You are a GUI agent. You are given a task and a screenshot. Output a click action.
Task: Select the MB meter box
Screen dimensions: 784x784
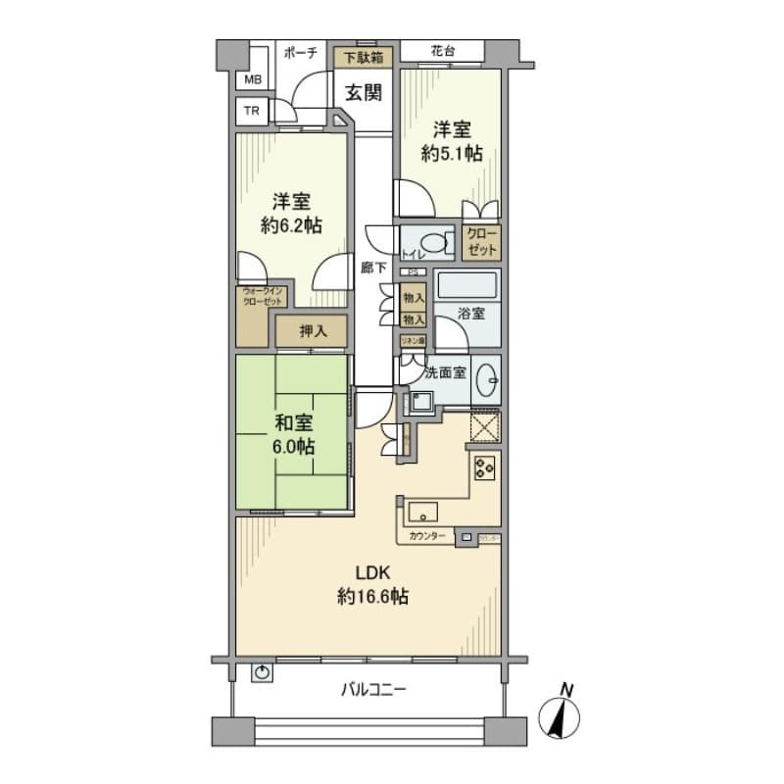(x=253, y=79)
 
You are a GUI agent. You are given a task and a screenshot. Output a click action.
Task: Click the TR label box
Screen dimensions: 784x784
(x=253, y=111)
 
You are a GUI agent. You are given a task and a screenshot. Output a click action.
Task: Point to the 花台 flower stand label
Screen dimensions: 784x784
(x=445, y=51)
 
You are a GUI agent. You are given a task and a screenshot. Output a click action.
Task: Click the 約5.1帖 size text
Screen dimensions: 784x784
(x=452, y=153)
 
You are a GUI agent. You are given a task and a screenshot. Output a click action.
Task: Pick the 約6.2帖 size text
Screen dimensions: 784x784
(x=290, y=224)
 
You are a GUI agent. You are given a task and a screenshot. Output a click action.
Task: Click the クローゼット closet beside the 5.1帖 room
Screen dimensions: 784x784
(x=481, y=241)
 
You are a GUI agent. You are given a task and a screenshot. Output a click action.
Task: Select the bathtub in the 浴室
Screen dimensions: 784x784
(x=468, y=286)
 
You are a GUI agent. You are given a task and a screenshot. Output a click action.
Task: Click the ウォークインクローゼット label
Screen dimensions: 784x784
(x=262, y=296)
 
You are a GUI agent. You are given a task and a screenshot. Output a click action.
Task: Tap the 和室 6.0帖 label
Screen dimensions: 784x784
(x=293, y=435)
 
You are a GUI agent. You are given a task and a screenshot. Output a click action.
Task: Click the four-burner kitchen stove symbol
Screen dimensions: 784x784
(x=484, y=467)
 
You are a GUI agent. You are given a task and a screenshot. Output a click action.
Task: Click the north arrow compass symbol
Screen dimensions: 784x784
(x=561, y=712)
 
